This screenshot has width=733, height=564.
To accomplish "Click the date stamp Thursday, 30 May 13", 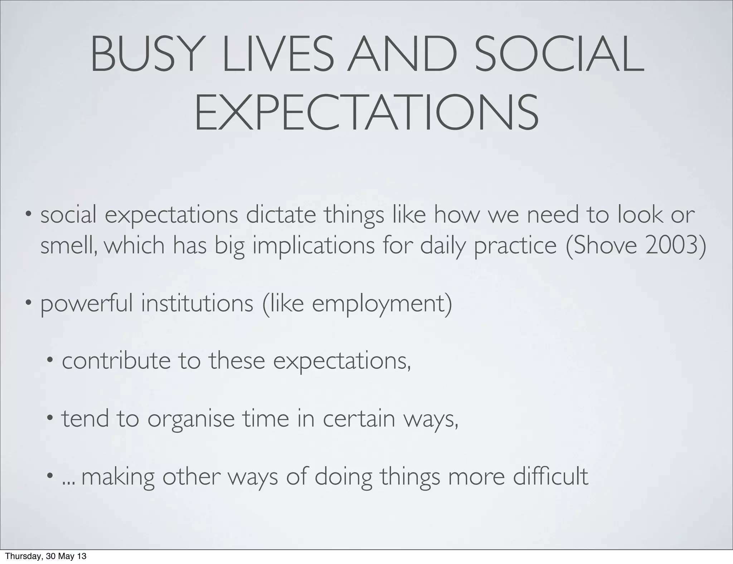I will tap(46, 556).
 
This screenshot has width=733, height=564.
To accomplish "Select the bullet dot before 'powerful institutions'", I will tap(29, 303).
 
